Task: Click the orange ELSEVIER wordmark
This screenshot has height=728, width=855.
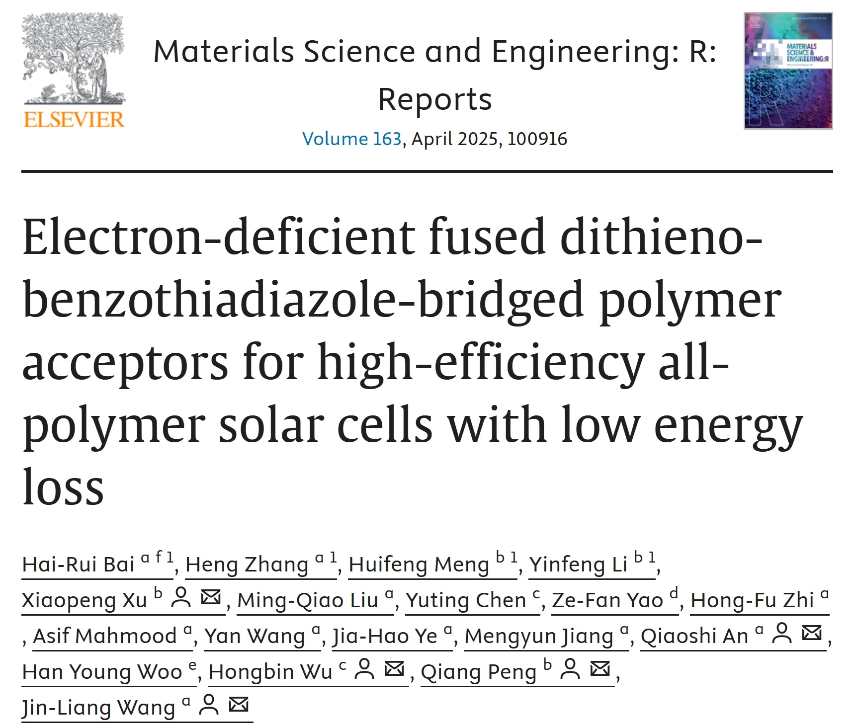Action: pos(74,120)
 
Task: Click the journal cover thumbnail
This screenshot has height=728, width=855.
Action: pos(788,71)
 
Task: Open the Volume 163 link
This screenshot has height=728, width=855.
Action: pos(351,139)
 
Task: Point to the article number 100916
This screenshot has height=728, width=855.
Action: pos(537,139)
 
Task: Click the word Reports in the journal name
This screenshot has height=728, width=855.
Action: pos(434,99)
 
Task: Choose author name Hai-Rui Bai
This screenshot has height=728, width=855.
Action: pos(79,565)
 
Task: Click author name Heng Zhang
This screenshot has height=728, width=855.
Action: pos(247,565)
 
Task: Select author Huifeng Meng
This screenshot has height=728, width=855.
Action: pos(419,565)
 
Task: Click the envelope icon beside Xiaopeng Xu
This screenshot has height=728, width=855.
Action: pos(211,597)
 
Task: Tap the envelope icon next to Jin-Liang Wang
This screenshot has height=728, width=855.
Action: pos(239,705)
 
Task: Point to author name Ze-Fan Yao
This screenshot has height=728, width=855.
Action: pos(607,601)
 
